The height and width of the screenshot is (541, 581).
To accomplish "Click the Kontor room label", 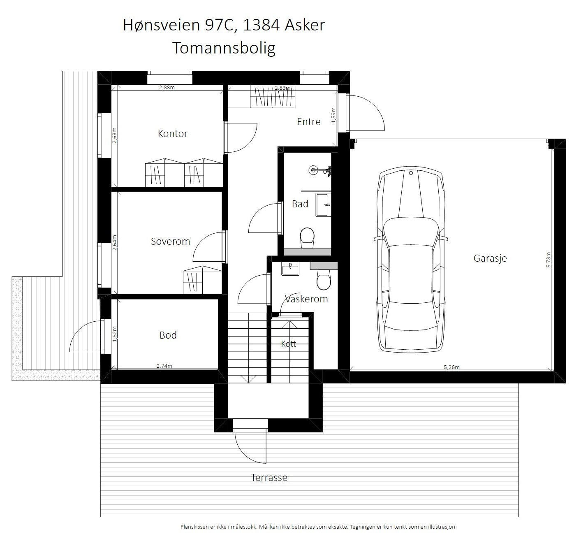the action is point(172,134).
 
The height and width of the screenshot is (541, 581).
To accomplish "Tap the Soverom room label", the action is point(170,241).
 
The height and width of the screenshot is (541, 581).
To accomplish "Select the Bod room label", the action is point(168,335).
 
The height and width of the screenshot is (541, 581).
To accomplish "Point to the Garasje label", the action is point(490,258).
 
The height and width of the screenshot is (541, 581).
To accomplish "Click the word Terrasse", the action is point(269,478).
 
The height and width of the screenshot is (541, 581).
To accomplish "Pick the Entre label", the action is point(309,122).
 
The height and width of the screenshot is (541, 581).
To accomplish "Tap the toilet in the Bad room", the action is point(307,238).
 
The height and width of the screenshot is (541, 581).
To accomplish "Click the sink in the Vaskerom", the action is point(290,269).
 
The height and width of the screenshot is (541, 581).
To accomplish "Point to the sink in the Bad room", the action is point(323,204).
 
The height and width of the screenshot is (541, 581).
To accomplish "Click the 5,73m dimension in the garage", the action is point(548,260).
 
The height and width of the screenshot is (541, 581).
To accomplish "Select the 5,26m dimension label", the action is point(451,367).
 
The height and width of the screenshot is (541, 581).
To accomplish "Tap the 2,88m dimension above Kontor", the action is point(167,88).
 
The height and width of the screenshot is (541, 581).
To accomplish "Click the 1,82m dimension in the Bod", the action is point(114,334).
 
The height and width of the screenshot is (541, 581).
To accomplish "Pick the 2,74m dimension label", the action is point(164,366).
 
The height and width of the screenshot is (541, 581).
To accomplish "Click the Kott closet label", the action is point(289,344).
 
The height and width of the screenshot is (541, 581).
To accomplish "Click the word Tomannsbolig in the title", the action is point(224,48).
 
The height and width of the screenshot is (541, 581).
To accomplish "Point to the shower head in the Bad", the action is point(313,170).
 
